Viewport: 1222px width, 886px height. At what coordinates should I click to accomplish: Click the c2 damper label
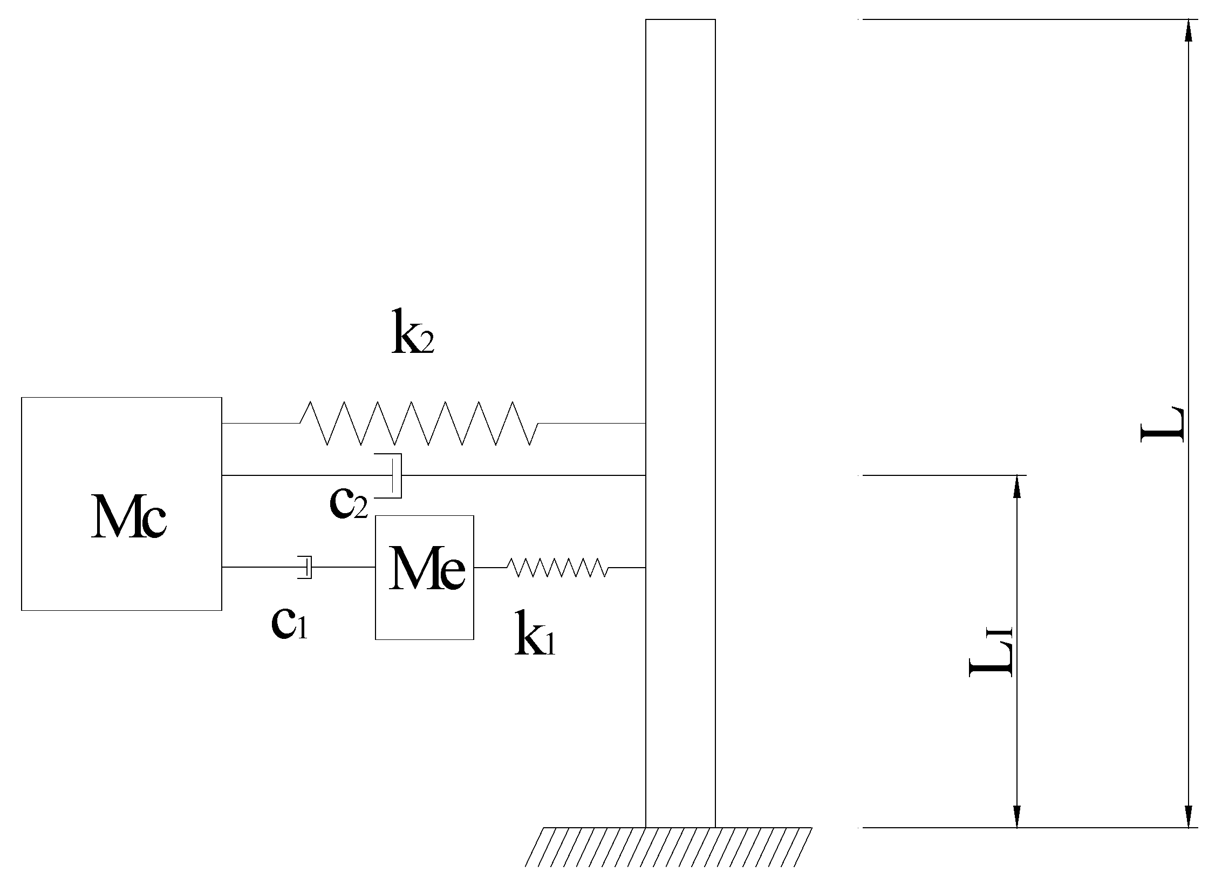tap(349, 503)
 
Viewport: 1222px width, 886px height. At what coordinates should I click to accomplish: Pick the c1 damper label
tap(289, 624)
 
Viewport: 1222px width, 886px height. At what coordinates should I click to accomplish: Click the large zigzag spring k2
tap(419, 424)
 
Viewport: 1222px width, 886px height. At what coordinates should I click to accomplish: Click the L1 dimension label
tap(990, 652)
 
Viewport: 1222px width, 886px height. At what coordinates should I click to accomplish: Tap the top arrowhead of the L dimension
tap(1187, 30)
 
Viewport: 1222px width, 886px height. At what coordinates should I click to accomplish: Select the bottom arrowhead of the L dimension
tap(1187, 816)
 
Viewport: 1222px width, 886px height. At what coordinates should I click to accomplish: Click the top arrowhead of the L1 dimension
tap(1017, 486)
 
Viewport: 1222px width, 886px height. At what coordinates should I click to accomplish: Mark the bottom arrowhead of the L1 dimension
tap(1017, 816)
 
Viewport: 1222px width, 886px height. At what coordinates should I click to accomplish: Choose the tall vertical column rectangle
tap(680, 270)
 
